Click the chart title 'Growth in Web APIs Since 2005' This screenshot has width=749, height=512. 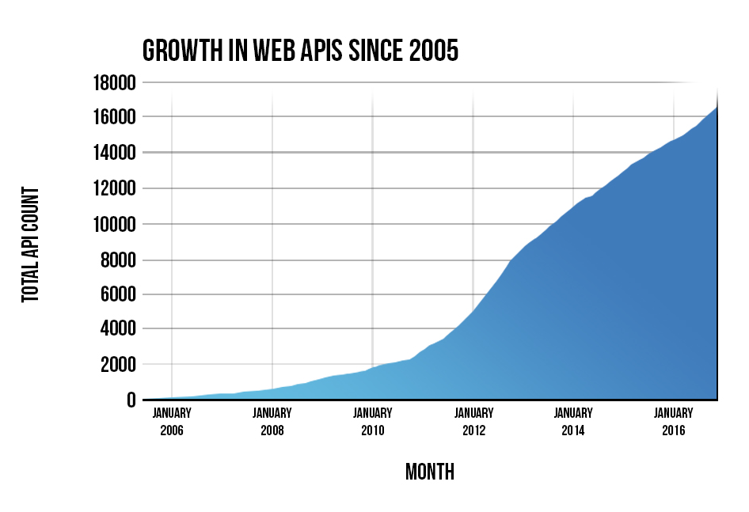point(300,51)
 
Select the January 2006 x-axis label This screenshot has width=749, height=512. point(172,422)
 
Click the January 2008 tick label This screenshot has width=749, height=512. point(272,422)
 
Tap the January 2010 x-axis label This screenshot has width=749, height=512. point(373,422)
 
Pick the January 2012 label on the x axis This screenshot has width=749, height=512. point(473,422)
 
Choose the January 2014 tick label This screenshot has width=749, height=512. point(573,422)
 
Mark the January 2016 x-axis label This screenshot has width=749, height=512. point(674,422)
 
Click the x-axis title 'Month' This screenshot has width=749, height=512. point(430,472)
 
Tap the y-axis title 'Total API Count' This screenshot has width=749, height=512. point(30,245)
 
